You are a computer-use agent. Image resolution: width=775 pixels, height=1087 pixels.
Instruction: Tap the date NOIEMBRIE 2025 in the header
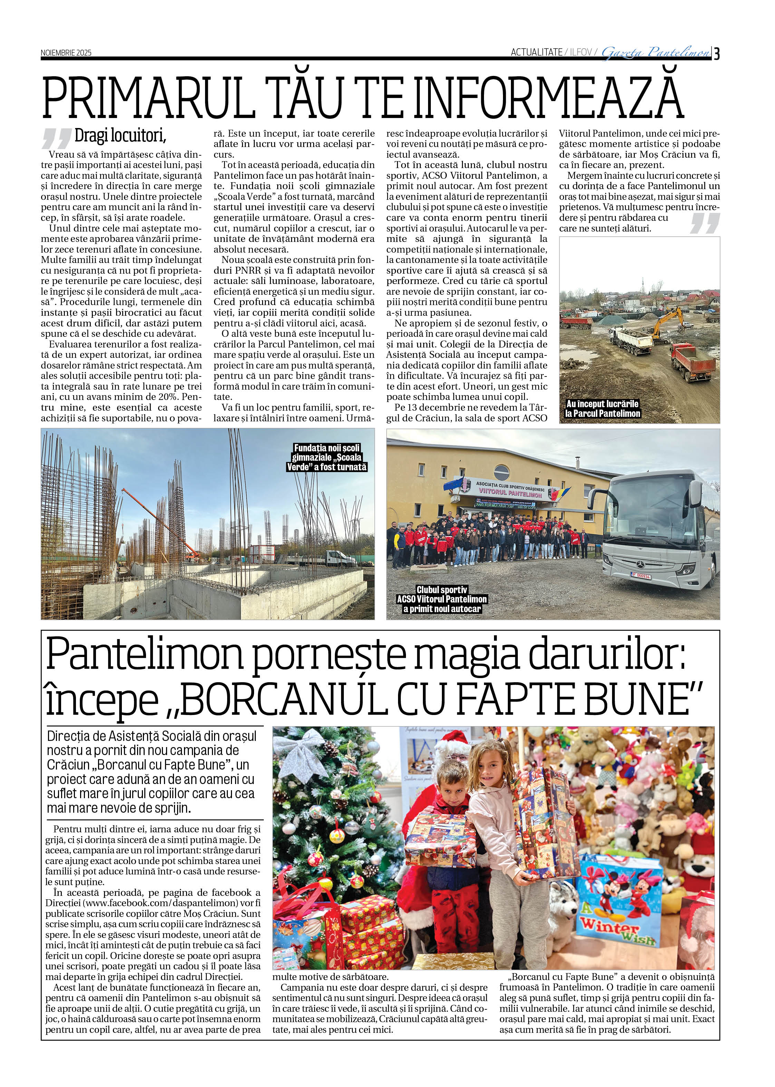point(66,52)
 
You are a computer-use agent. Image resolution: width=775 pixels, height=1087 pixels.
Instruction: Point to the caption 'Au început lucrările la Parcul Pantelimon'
point(602,409)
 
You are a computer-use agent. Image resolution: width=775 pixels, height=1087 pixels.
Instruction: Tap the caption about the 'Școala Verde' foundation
point(327,458)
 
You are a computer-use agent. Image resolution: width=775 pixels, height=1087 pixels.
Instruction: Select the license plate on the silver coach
point(641,576)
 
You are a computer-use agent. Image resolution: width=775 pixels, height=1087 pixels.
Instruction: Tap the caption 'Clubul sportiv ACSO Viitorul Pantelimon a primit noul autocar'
point(442,599)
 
